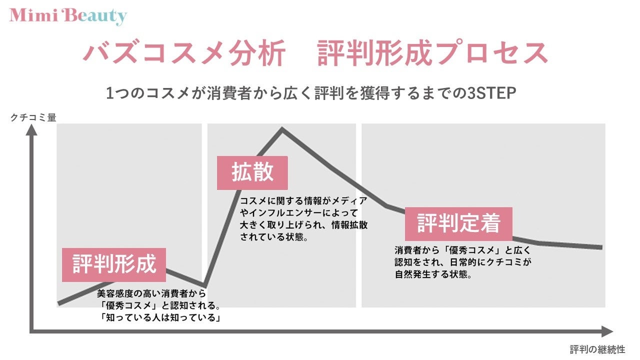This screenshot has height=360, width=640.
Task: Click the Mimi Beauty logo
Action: coord(67,16)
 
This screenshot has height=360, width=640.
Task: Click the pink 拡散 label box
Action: coord(252,173)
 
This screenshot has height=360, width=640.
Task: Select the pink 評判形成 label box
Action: coord(114,265)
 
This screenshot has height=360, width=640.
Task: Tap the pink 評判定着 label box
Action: coord(458,224)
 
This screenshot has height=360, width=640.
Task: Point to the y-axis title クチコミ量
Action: coord(33,117)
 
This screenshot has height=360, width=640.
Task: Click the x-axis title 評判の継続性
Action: coord(597,349)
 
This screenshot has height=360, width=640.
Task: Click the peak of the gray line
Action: coord(282,129)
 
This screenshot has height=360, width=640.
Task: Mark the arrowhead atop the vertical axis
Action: coord(31,130)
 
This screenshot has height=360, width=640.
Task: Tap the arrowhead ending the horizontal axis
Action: coord(607,331)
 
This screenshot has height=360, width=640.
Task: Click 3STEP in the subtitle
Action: coord(491,93)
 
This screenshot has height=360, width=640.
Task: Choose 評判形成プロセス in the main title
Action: coord(432,53)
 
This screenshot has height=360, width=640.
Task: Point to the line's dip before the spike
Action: coord(204,285)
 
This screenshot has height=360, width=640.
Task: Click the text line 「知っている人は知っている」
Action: coord(160,317)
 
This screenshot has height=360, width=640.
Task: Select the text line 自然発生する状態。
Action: coord(433,274)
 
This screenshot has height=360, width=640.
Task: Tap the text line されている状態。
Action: coord(274,237)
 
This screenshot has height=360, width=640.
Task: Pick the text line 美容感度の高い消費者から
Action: coord(151,293)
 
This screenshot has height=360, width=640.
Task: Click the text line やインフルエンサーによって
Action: coord(299,213)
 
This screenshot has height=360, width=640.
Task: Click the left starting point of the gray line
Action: coord(58,303)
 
